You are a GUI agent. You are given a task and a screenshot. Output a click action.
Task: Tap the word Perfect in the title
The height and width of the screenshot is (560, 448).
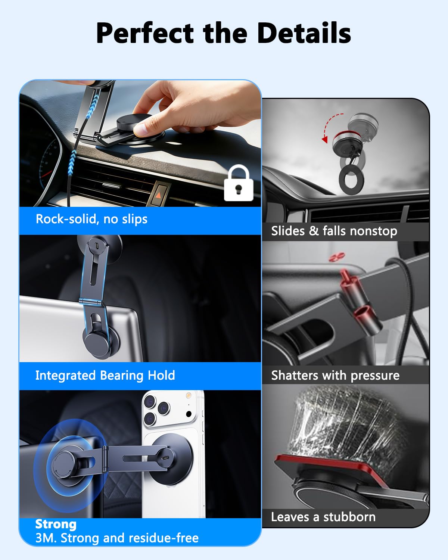[x=145, y=33]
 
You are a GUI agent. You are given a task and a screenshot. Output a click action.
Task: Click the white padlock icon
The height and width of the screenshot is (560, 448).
[x=239, y=183]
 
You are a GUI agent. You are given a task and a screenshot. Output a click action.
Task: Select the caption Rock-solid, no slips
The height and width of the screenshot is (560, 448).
[x=91, y=219]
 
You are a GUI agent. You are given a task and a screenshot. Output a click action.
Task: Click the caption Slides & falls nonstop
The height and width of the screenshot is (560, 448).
[x=334, y=231]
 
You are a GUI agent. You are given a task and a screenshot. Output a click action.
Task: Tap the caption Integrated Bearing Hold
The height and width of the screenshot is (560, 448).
[x=105, y=376]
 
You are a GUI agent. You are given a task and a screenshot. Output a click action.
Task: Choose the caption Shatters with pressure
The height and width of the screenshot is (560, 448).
[x=335, y=376]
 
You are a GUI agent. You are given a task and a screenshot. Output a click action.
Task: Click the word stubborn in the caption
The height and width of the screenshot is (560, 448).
[x=349, y=517]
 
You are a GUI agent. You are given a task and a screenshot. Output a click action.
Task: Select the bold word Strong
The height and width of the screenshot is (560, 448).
[x=56, y=524]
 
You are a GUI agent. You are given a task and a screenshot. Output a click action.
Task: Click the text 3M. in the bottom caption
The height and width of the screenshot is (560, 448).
[x=46, y=538]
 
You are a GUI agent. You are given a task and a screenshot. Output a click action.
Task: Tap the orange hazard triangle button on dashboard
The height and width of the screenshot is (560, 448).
[x=158, y=195]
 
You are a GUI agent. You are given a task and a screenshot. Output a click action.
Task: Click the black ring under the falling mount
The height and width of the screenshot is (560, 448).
[x=351, y=180]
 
